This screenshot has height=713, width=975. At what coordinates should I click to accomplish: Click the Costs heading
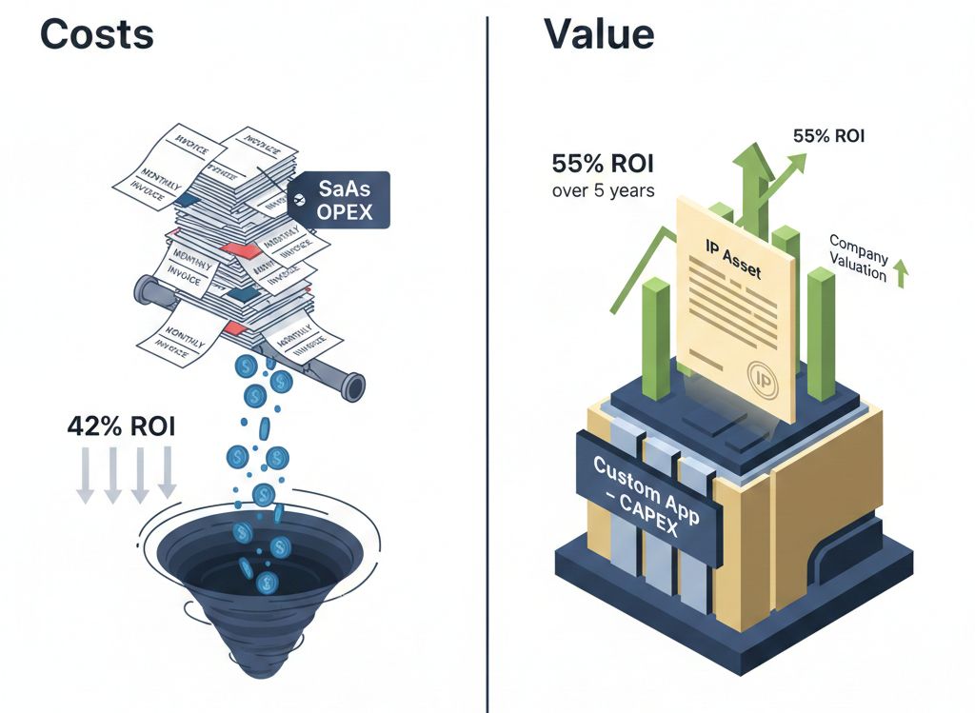97,34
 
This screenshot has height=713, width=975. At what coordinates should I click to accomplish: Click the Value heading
599,34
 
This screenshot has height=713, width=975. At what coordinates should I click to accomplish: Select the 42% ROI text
121,426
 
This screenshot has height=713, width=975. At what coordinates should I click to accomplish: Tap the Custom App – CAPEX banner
647,496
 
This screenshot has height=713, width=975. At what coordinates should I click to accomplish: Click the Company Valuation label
858,260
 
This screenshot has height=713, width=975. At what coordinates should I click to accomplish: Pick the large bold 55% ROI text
604,163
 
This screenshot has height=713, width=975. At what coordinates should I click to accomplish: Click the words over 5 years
603,190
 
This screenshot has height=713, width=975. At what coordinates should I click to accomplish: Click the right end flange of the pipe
354,386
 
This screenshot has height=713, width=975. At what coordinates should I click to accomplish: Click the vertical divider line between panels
487,362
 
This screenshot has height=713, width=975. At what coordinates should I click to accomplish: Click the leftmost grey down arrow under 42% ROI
85,473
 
